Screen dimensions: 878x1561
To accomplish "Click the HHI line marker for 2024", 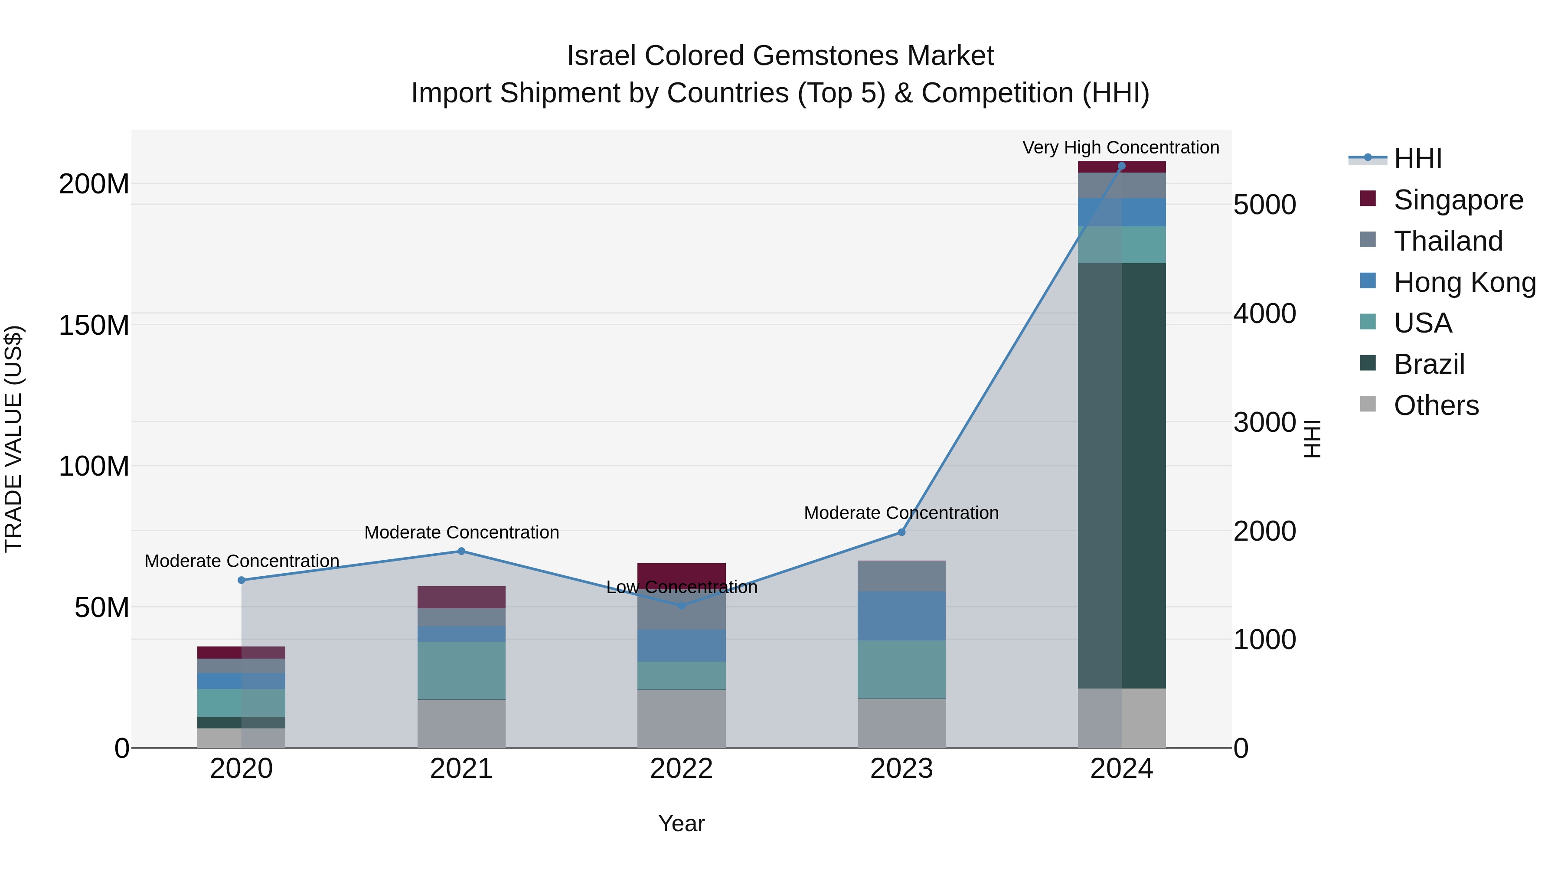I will (x=1121, y=166).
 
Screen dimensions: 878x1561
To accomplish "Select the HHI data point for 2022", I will (x=681, y=605).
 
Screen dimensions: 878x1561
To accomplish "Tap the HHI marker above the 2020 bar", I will (x=241, y=580).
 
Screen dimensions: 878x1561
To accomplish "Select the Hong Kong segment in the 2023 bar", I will (x=901, y=616).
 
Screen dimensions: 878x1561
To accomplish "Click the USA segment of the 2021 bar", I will (x=461, y=670).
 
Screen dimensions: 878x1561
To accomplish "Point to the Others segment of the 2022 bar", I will (x=681, y=718).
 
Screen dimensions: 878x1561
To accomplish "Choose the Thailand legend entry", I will (x=1448, y=241).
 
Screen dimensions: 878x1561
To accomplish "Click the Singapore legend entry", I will (x=1457, y=200).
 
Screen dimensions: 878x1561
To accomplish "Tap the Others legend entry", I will (x=1436, y=405).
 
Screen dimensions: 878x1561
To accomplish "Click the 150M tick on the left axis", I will (x=94, y=325).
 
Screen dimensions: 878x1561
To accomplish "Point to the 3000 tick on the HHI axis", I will (x=1265, y=422).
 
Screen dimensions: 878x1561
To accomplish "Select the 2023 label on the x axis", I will (x=901, y=769).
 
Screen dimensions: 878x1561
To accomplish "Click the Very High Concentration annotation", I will (x=1120, y=147).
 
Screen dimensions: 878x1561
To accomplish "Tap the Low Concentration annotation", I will (x=681, y=587).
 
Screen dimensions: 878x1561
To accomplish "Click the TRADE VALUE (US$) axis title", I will (x=14, y=439).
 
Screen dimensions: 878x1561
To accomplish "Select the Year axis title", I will (x=681, y=823).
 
